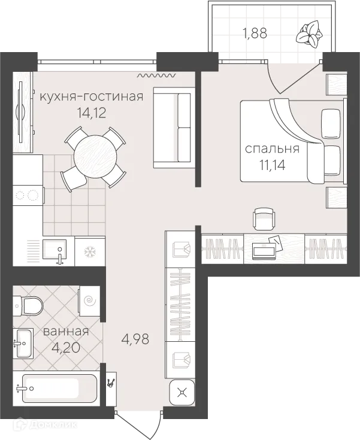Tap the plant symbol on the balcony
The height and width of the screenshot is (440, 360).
(309, 34)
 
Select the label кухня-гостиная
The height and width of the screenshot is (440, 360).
(91, 96)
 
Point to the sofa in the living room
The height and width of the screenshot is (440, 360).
(174, 128)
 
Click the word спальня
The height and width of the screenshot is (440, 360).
(272, 148)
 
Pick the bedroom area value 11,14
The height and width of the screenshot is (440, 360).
(273, 165)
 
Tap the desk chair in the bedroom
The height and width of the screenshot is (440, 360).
(264, 219)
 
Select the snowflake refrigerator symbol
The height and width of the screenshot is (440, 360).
(90, 251)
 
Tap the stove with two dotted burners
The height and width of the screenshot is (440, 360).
(28, 195)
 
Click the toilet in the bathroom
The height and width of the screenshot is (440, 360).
(28, 305)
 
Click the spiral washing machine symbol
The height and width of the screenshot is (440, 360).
(90, 301)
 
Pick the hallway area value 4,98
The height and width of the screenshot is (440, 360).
(135, 339)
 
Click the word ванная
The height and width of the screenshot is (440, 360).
(66, 332)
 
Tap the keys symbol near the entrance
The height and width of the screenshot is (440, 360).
(111, 383)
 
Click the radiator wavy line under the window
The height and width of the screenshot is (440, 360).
(157, 75)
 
